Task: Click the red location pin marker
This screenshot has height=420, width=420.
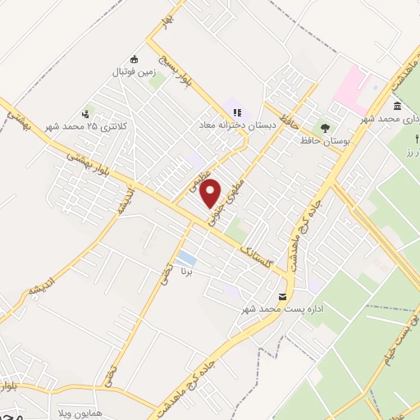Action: coord(211,192)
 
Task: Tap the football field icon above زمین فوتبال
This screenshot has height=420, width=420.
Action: coord(135,59)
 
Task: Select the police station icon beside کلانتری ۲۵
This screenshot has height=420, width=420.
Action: coord(85,114)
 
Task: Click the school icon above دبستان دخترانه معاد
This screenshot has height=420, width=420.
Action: coord(237,112)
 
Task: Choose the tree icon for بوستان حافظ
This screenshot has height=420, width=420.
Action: coord(326,127)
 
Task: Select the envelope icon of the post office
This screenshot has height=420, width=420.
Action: coord(283,296)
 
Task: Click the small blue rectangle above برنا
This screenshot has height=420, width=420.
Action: coord(187,258)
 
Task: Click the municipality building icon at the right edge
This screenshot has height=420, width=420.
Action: coord(398,107)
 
